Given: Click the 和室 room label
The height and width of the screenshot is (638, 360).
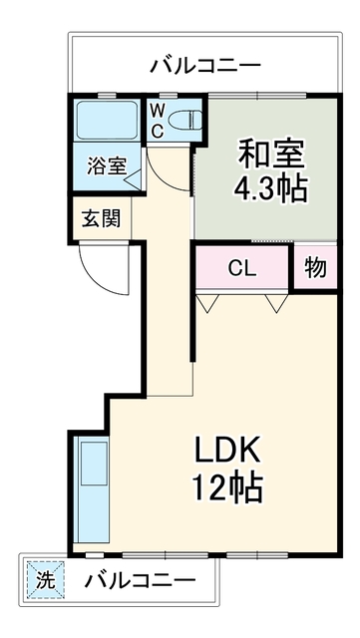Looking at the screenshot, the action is coord(271,155).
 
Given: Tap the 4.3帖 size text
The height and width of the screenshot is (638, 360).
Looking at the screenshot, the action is coord(270,188).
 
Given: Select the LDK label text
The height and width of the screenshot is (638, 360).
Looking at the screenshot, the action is coord(227,450).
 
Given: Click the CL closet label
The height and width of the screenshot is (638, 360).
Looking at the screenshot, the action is coord(242,268).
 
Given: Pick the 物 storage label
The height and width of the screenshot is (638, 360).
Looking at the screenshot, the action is coord(316,267).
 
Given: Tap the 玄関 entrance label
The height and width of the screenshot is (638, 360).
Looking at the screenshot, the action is coord(102,219).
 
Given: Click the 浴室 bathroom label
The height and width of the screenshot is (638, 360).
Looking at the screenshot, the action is coord(107,166).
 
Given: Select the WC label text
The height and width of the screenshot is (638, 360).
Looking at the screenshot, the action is coord(158,120).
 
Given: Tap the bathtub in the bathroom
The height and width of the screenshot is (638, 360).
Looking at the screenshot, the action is coord(107,121).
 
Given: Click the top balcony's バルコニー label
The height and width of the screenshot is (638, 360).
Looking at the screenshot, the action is coord(204,66).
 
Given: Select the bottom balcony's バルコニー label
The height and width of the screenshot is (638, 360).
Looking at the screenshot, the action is coord(140,580).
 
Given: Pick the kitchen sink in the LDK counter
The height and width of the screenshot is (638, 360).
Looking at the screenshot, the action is coord(94,463).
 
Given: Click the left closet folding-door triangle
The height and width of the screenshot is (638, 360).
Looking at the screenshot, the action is coord(207,303).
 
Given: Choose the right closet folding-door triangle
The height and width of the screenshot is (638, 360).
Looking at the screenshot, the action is coord(277,303).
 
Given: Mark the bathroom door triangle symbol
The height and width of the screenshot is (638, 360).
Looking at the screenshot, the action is coord(133,179).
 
